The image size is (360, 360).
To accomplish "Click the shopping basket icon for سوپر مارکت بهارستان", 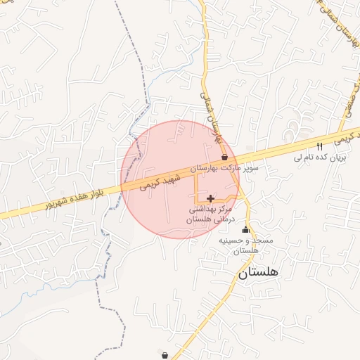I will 224,157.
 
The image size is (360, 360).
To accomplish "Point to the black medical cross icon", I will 210,199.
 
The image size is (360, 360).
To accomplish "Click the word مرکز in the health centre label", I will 225,210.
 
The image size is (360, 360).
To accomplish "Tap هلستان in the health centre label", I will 199,220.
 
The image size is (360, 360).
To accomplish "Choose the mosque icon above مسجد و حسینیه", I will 245,229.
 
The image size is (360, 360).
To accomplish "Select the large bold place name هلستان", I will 258,272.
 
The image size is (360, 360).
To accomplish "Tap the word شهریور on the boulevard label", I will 58,204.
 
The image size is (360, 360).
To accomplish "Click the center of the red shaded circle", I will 180,179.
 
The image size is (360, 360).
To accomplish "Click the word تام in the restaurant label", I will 304,158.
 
